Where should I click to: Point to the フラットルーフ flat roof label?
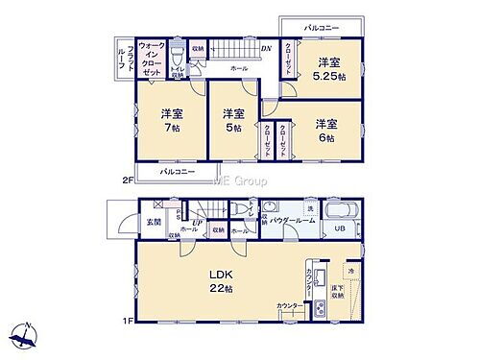(x=120, y=60)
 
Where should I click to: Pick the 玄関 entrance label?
(x=154, y=223)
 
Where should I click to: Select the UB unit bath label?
(x=339, y=228)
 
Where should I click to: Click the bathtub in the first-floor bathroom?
(x=342, y=212)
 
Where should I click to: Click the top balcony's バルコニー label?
(x=322, y=29)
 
